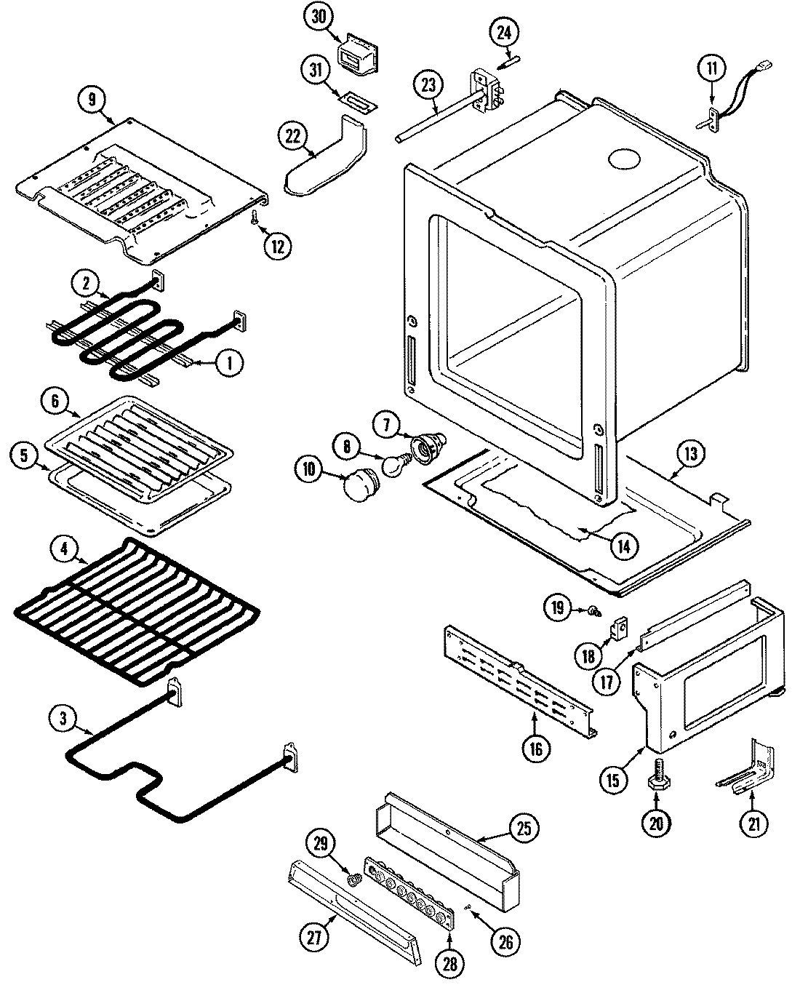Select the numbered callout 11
[711, 70]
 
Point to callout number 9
[92, 100]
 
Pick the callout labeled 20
[656, 823]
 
